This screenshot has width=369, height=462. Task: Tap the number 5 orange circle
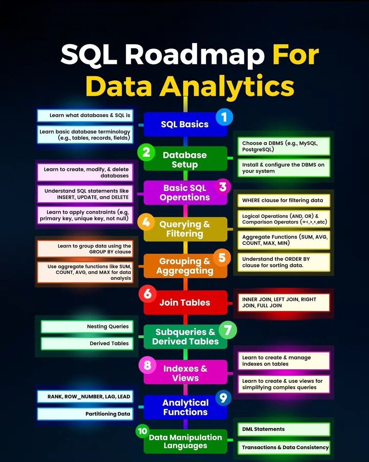pos(222,258)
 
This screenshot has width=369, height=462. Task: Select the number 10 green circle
pos(142,431)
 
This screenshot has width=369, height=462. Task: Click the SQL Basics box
pos(185,124)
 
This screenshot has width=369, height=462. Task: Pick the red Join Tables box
pos(185,303)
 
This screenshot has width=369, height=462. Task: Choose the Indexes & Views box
pos(185,373)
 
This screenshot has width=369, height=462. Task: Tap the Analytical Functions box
pos(185,407)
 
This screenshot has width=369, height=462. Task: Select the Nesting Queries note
pos(87,326)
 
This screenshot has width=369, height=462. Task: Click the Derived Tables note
pos(87,343)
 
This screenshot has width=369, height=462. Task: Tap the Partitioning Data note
pos(85,414)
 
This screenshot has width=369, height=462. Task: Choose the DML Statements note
pos(283,429)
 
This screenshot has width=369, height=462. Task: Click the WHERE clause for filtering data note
pos(283,200)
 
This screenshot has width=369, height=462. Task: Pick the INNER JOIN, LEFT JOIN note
pos(283,302)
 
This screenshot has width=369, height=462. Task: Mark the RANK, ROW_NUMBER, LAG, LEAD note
pos(85,397)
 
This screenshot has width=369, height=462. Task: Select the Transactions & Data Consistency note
pos(283,447)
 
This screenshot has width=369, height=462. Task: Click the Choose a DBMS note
pos(283,146)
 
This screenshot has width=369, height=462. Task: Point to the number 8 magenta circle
pos(147,365)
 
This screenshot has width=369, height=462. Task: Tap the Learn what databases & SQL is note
pos(85,115)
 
